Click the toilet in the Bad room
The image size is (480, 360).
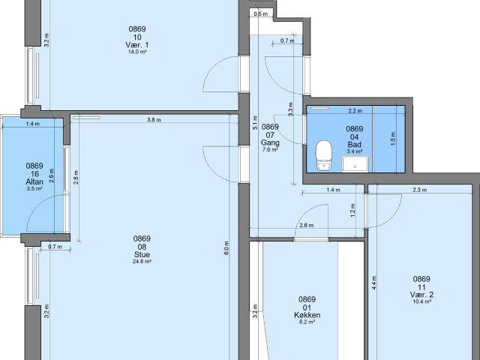pos(324,154)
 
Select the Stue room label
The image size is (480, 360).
pos(142,254)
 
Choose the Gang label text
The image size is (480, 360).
pos(270,142)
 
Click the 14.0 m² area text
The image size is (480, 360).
pos(137,53)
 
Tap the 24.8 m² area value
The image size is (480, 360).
pos(142,262)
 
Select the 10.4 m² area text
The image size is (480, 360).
pos(421,302)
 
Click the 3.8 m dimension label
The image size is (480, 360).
pos(153,121)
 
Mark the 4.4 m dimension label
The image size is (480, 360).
pos(373,283)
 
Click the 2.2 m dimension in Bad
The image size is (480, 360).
pos(355,111)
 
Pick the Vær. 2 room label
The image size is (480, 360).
pos(421,295)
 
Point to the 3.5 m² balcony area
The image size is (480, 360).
pos(34,189)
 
